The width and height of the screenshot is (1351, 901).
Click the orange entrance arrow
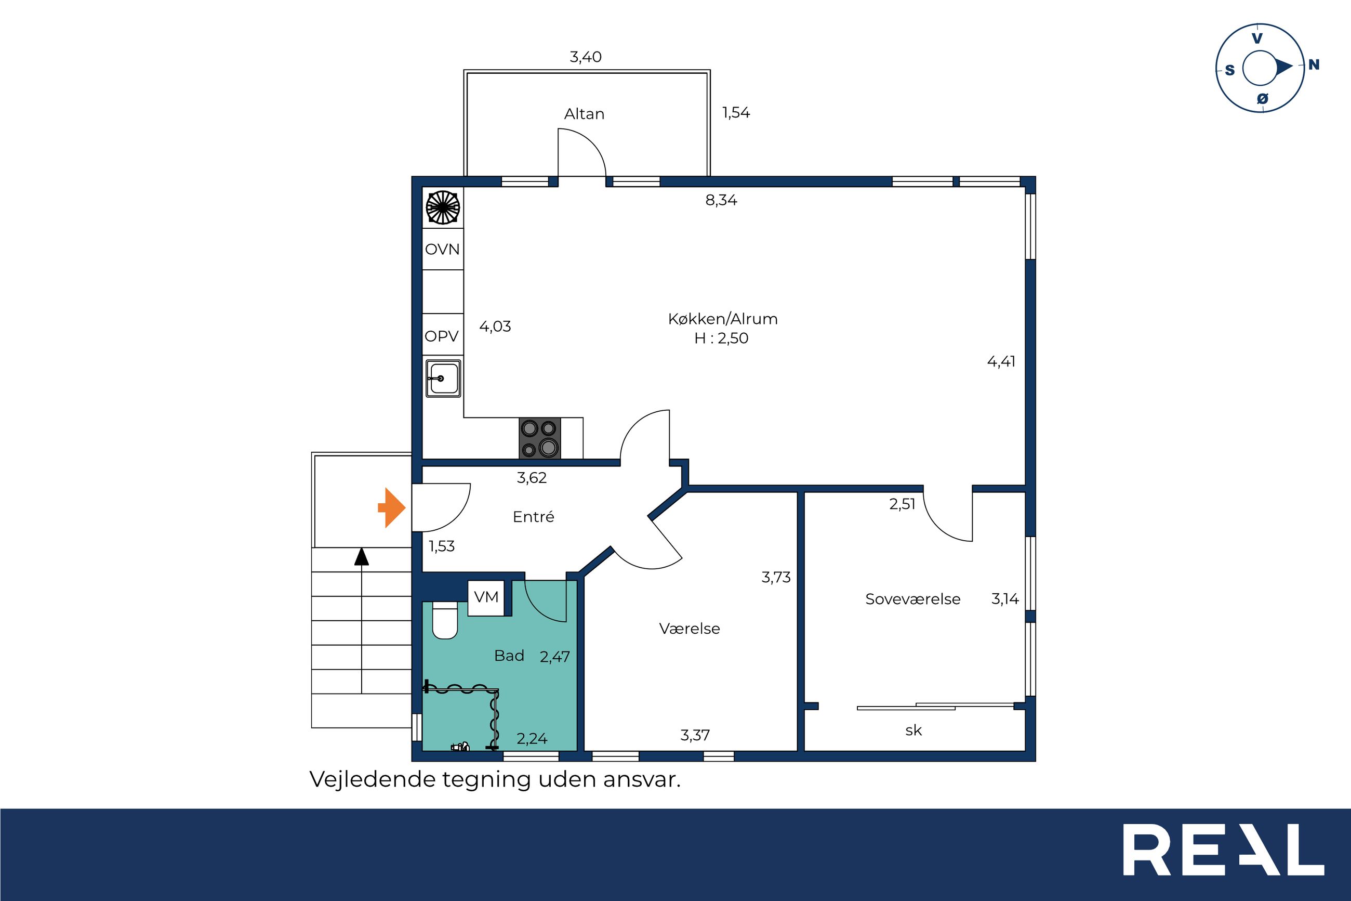click(392, 507)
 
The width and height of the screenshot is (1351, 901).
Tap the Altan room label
click(584, 114)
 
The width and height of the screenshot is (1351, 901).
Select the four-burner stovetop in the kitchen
click(540, 438)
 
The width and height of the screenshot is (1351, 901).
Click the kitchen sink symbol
click(443, 378)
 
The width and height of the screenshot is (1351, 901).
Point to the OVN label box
click(443, 249)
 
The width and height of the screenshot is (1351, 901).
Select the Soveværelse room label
click(912, 599)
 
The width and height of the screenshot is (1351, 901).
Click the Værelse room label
click(689, 628)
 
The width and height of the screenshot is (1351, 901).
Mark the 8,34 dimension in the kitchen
click(721, 200)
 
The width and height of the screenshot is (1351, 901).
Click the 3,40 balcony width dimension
click(586, 57)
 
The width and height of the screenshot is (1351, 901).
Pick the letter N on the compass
click(1314, 65)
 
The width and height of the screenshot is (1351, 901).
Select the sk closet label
click(913, 730)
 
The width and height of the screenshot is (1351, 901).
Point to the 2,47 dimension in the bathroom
click(554, 656)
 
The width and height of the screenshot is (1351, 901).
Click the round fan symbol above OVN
click(443, 207)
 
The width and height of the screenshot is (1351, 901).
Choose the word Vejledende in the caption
click(373, 779)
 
